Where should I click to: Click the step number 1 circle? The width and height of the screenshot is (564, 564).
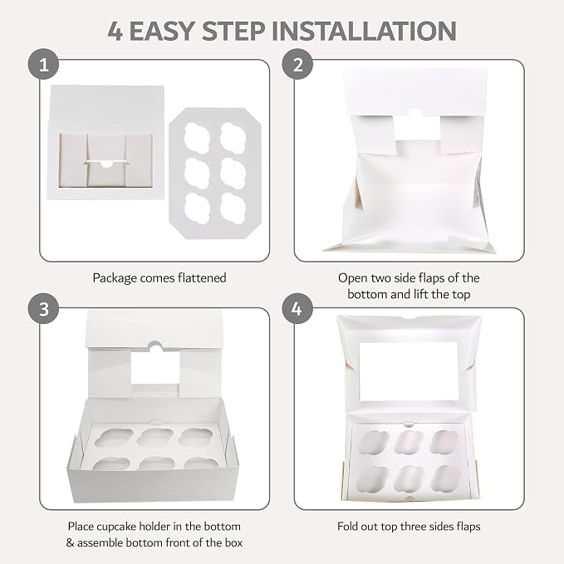coord(43,65)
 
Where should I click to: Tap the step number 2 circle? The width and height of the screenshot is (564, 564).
coord(297,65)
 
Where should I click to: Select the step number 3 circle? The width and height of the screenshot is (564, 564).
coord(43,309)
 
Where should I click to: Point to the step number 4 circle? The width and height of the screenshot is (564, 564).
coord(297,309)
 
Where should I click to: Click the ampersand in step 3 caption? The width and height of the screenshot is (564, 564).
coord(70,542)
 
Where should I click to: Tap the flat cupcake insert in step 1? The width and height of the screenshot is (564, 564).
coord(215,173)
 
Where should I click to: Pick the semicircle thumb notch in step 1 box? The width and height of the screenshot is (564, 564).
coord(106,164)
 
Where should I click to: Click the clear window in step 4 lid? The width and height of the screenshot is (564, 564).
coord(409,371)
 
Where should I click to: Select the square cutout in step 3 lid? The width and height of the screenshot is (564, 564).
coord(155,368)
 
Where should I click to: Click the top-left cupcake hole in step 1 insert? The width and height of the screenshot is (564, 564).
coord(197,138)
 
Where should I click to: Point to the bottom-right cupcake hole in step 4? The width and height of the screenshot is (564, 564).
coord(445,478)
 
